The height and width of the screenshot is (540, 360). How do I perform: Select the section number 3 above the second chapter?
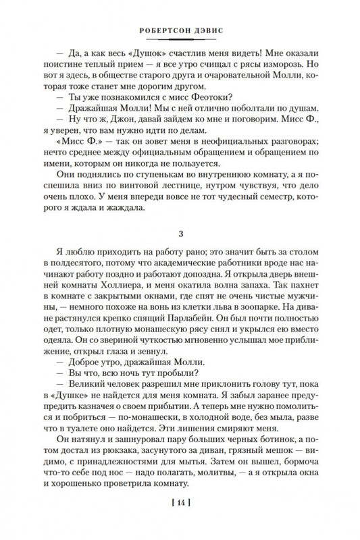(x=180, y=234)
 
